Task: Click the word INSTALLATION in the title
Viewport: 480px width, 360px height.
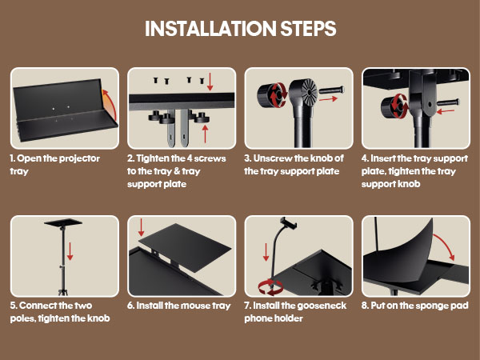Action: [210, 29]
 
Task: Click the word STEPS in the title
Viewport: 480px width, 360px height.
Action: [309, 29]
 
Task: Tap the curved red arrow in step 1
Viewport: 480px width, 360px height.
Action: [111, 104]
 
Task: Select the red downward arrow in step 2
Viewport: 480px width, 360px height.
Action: [210, 82]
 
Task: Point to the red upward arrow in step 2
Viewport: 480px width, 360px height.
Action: [205, 134]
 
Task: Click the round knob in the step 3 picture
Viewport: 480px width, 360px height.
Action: [270, 95]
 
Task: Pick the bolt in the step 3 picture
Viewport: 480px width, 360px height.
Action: [331, 90]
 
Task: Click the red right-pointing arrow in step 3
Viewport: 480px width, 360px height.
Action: [328, 99]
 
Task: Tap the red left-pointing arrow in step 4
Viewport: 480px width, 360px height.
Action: [446, 111]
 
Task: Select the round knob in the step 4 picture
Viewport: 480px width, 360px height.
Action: [394, 106]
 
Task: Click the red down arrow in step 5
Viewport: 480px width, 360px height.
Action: [70, 251]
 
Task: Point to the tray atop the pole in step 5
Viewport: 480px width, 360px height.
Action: [63, 222]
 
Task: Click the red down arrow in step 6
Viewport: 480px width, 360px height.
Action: [141, 227]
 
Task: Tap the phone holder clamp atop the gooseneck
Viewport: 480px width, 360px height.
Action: [288, 222]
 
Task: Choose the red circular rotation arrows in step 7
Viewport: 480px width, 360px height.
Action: [271, 288]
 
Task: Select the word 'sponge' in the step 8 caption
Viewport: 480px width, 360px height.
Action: [428, 306]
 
